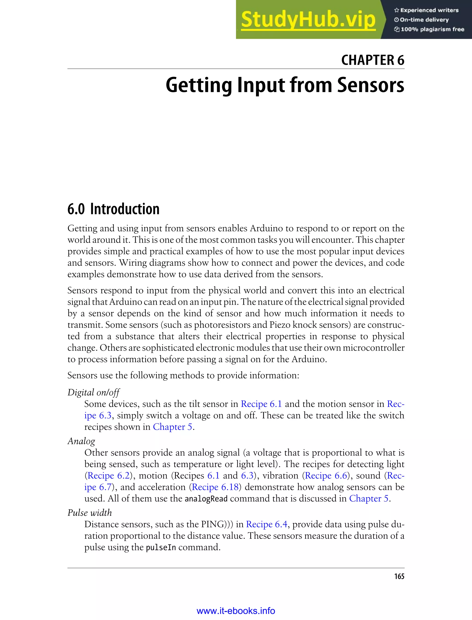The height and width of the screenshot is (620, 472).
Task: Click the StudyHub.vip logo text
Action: click(x=308, y=20)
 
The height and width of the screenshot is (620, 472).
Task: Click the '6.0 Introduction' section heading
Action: click(x=113, y=209)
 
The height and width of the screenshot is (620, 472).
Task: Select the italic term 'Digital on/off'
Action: click(x=94, y=392)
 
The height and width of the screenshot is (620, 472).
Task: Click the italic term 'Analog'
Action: click(x=81, y=441)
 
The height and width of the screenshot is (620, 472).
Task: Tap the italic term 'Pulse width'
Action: click(x=90, y=513)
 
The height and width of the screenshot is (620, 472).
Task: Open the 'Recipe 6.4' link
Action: click(x=267, y=524)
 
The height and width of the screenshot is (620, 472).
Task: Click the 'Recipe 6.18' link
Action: click(x=215, y=487)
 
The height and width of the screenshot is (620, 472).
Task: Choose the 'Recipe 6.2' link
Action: click(x=109, y=475)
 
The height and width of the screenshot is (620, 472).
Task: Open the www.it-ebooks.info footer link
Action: click(x=236, y=611)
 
